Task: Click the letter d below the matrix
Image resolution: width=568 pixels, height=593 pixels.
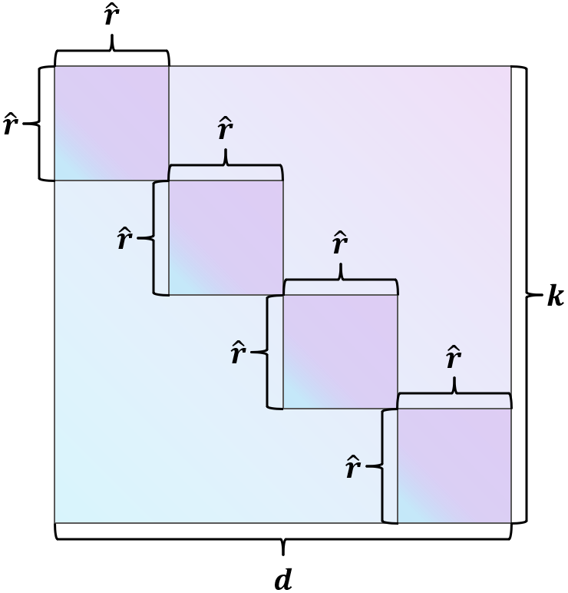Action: click(x=283, y=580)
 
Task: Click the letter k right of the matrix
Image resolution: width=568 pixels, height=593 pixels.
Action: click(x=554, y=296)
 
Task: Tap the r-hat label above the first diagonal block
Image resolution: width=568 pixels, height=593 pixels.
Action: click(x=112, y=18)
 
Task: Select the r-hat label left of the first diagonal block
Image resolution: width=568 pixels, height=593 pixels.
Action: click(x=10, y=124)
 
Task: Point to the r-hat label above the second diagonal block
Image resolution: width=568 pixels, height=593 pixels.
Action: click(x=225, y=130)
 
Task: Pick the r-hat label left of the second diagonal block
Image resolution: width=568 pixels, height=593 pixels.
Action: click(x=124, y=239)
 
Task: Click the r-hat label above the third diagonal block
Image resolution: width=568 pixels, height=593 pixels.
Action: click(x=340, y=244)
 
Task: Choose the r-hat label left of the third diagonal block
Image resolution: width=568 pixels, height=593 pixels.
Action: click(x=239, y=353)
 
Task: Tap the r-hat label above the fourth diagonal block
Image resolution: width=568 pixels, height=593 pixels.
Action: click(x=454, y=358)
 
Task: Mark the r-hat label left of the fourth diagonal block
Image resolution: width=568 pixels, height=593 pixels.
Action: click(x=352, y=467)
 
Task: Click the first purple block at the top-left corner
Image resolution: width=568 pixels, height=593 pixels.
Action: click(x=111, y=123)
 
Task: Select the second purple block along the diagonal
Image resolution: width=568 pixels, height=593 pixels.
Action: click(x=226, y=237)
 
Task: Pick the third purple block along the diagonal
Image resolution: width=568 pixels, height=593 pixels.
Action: click(x=340, y=351)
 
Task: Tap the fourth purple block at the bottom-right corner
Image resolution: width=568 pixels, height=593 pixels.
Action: click(x=454, y=465)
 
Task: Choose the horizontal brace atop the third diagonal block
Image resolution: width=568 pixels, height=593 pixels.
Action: click(x=340, y=283)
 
